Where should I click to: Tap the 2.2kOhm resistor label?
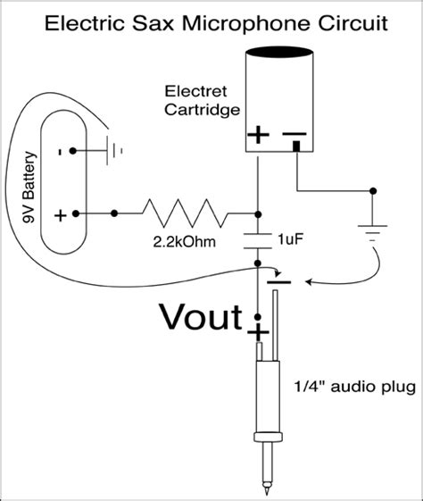[x=178, y=241]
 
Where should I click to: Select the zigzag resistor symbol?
[x=185, y=213]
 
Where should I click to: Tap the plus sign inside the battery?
[x=60, y=214]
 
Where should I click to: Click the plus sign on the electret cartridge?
[x=257, y=136]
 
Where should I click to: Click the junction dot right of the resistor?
[x=257, y=214]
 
